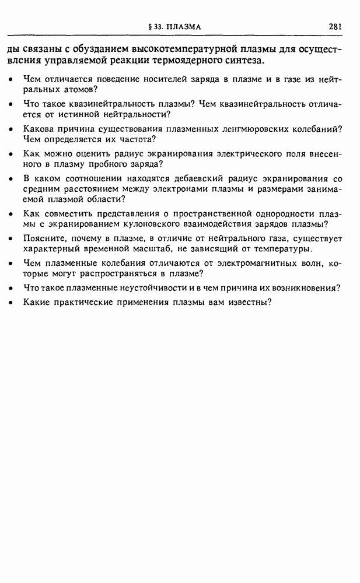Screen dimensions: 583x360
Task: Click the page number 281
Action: click(x=335, y=26)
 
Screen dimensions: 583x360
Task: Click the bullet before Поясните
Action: click(x=11, y=239)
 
